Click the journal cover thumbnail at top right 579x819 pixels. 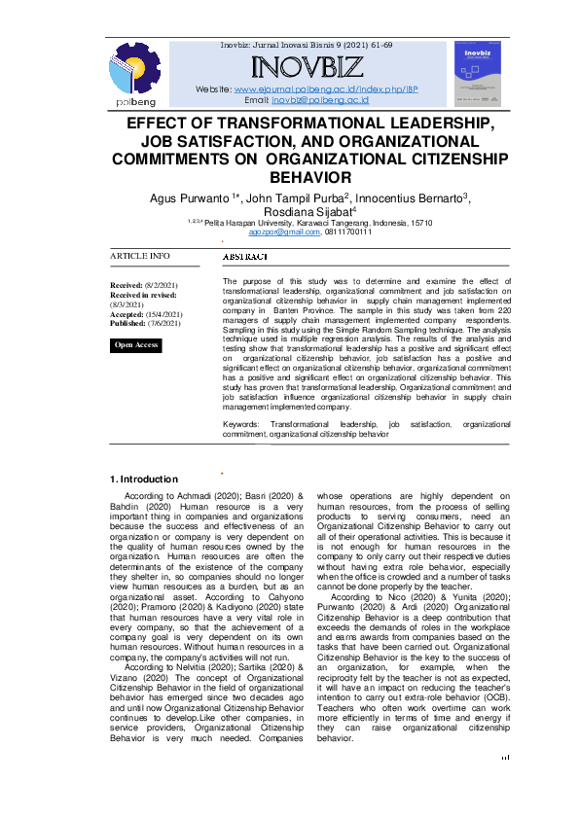point(484,74)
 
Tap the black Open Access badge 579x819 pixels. point(136,345)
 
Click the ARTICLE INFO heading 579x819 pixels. point(139,256)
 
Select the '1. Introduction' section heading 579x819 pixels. point(143,479)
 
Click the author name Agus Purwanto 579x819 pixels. point(189,198)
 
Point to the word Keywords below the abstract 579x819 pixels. point(241,425)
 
